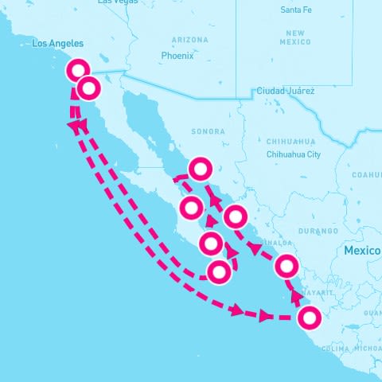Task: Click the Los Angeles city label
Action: (57, 45)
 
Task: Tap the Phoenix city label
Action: (177, 56)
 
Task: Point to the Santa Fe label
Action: (296, 10)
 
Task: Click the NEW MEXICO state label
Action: (294, 36)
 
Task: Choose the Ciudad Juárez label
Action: (285, 92)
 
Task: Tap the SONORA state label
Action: (209, 131)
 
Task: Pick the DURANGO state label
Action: (318, 231)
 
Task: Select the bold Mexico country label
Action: (362, 251)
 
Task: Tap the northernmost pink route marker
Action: (78, 69)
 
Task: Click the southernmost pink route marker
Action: (310, 318)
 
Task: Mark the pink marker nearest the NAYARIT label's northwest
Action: (287, 267)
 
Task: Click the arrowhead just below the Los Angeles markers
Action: (74, 126)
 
